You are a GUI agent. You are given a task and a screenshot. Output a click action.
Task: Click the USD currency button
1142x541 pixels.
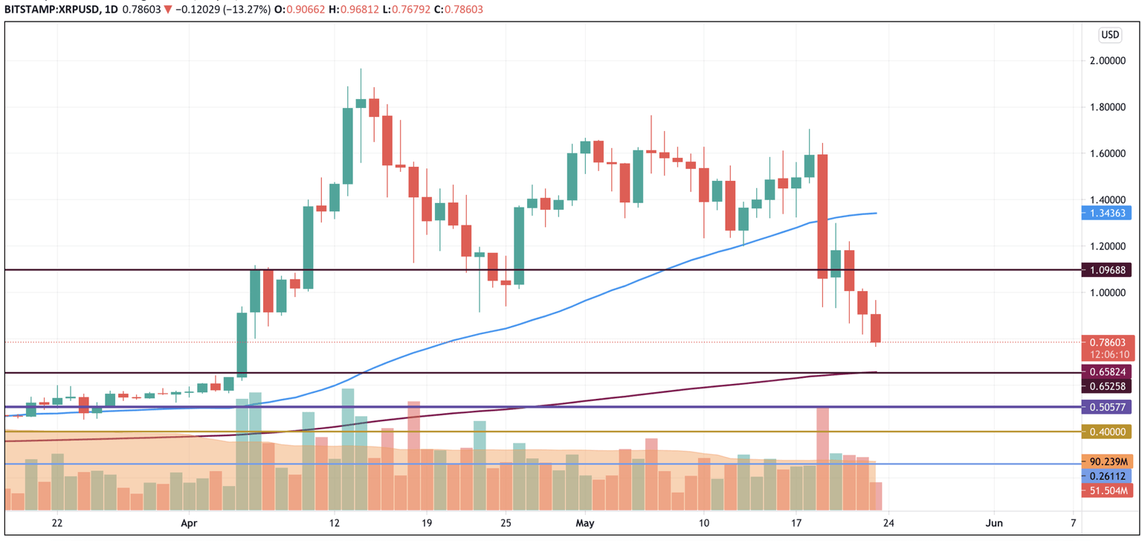[1109, 35]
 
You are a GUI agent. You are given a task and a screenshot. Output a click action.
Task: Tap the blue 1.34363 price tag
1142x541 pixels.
[1109, 214]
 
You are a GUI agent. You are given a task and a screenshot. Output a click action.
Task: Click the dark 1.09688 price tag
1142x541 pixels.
[1109, 270]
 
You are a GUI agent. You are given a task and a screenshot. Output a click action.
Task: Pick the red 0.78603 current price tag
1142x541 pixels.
[1109, 342]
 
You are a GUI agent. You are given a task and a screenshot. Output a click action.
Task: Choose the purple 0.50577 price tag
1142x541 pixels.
[1109, 407]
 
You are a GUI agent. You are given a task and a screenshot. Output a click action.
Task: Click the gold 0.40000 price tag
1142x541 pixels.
[1109, 432]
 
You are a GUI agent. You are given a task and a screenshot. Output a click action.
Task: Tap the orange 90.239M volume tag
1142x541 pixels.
[1109, 461]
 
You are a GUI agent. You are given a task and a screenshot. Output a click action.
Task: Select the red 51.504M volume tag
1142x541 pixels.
[1109, 490]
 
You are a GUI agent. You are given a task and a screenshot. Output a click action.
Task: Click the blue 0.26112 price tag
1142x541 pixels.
[1109, 476]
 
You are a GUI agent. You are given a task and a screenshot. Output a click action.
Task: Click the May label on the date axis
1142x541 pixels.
[584, 522]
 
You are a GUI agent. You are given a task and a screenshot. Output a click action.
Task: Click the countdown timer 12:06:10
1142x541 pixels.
[1109, 355]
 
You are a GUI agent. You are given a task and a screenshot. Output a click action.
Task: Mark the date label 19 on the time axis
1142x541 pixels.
[426, 522]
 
